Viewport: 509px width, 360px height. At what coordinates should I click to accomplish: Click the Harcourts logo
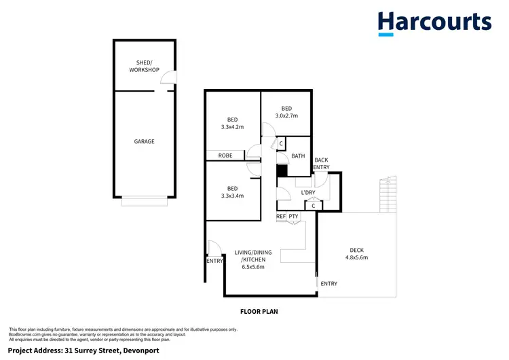(x=434, y=22)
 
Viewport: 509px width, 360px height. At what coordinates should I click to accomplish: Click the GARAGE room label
(x=144, y=141)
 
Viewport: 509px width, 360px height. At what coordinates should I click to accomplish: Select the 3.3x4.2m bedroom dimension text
(x=233, y=127)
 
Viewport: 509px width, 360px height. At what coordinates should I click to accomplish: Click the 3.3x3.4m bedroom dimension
(x=233, y=196)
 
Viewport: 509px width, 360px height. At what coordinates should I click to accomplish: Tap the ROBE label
(x=225, y=156)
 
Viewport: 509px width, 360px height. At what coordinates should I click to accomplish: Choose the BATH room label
(x=298, y=156)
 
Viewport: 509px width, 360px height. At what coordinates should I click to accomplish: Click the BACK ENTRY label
(x=321, y=164)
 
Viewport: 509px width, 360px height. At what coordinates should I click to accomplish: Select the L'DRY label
(x=308, y=194)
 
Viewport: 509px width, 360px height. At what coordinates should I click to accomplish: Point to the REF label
(x=280, y=217)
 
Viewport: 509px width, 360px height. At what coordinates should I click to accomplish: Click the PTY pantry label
(x=293, y=217)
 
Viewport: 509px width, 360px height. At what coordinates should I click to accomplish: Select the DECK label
(x=356, y=249)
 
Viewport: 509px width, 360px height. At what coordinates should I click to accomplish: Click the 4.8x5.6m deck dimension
(x=356, y=257)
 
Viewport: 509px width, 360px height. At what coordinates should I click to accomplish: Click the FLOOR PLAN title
(x=259, y=312)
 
